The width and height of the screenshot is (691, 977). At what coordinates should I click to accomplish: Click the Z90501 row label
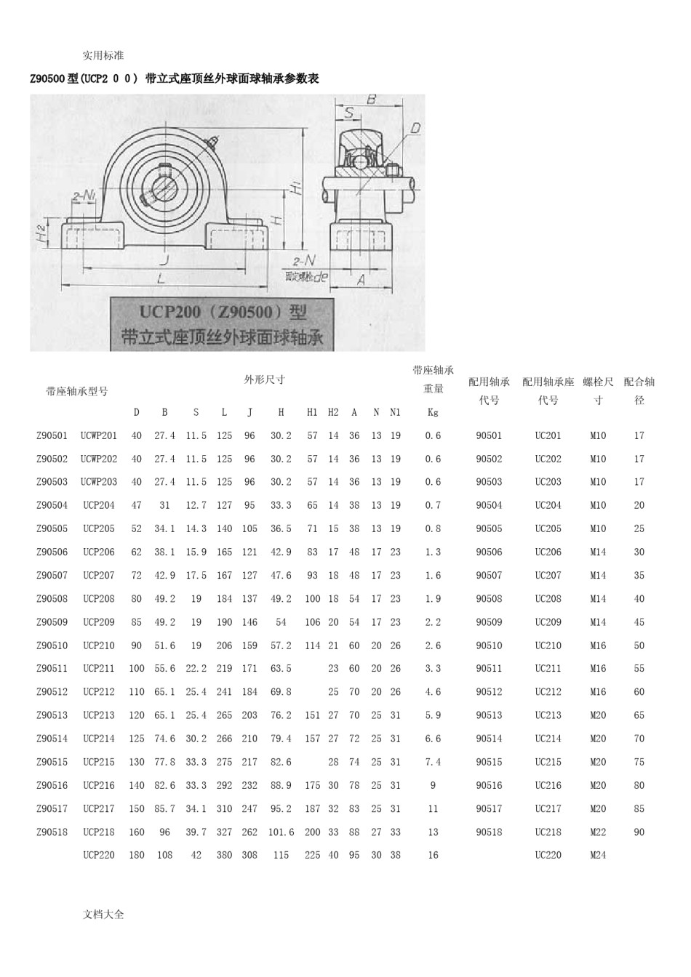coord(52,435)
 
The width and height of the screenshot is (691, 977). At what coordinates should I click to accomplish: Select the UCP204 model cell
coord(99,505)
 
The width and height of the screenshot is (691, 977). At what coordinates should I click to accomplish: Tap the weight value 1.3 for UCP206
coord(433,552)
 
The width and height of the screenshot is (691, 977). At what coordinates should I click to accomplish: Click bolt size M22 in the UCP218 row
coord(598,832)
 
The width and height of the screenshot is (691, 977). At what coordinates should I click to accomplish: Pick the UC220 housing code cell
coord(548,855)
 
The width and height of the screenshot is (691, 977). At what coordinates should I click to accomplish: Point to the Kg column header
coord(433,412)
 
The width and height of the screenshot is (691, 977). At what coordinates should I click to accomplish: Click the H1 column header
coord(311,412)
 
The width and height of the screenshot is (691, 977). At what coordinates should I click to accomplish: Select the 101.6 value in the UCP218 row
coord(281,832)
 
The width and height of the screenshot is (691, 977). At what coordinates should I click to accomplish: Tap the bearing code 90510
coord(489,645)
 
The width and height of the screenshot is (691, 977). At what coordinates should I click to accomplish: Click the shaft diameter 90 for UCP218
coord(639,832)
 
